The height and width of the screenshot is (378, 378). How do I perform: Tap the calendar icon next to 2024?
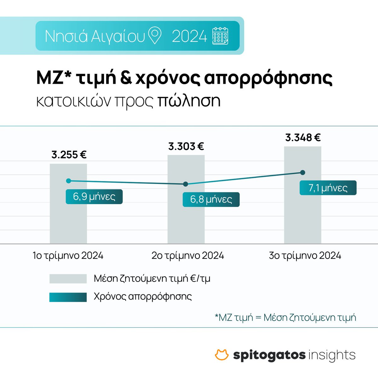click(220, 36)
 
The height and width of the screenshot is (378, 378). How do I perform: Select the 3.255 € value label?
click(69, 155)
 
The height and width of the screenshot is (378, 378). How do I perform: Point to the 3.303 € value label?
click(186, 146)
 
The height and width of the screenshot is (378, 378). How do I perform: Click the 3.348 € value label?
click(303, 138)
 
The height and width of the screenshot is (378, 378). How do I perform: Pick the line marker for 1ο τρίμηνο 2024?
click(69, 180)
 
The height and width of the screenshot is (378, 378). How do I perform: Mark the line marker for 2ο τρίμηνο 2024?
click(186, 184)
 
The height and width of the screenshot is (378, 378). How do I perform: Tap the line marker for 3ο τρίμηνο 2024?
click(303, 172)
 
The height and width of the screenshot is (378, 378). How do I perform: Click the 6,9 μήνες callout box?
click(94, 197)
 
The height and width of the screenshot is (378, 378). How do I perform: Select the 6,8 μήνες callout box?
click(211, 200)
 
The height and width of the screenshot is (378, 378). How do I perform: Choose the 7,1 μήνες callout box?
click(328, 188)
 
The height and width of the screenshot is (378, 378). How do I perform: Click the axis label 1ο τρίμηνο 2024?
click(68, 255)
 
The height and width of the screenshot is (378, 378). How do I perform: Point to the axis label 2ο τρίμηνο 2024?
click(188, 255)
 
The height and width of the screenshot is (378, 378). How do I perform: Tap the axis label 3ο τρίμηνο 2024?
click(305, 255)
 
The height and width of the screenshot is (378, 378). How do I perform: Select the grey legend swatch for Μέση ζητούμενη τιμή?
click(68, 279)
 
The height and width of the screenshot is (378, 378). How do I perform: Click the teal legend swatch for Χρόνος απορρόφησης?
click(68, 297)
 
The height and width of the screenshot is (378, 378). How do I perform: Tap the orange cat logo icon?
click(222, 355)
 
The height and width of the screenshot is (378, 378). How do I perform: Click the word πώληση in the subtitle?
click(188, 101)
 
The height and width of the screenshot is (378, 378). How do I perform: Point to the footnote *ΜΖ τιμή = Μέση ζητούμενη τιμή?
click(285, 317)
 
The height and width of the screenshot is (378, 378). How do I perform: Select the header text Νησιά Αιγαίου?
click(95, 36)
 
